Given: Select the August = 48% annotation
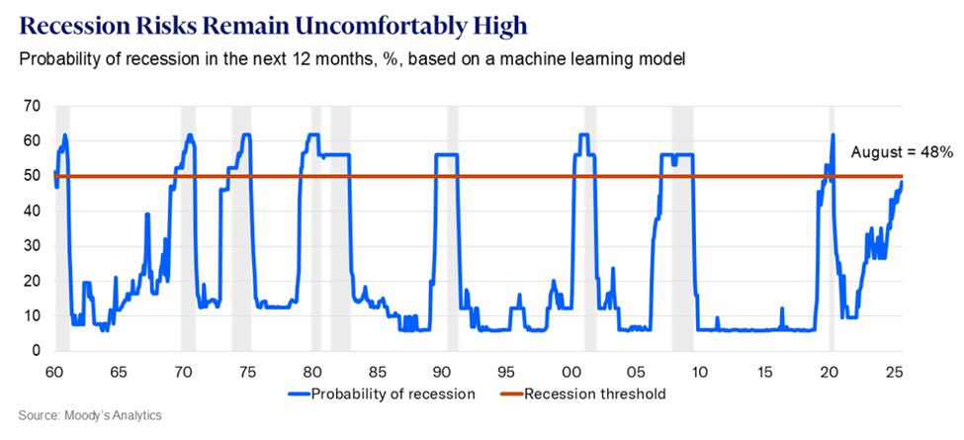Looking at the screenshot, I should (x=902, y=152).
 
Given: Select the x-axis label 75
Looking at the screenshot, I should (x=247, y=373).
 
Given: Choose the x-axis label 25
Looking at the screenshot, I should (x=894, y=373).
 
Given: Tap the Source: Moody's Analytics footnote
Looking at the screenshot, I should (x=89, y=415).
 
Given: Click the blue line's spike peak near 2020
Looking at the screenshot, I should (x=833, y=135).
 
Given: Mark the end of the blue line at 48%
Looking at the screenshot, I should (x=901, y=182).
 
